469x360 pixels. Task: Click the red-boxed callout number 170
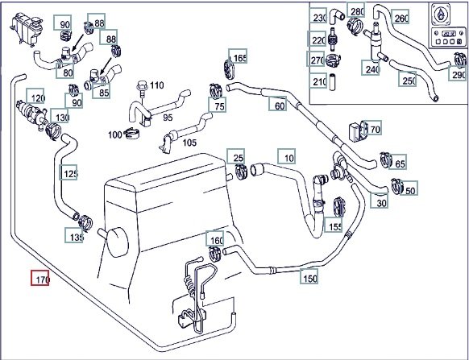[39, 278]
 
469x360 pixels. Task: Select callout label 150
[309, 276]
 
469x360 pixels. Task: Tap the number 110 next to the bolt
[156, 85]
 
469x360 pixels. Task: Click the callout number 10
[287, 156]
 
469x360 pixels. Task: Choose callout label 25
[235, 156]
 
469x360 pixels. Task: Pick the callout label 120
[35, 96]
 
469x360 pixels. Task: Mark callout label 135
[74, 235]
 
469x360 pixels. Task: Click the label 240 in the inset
[371, 68]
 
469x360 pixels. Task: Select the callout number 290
[458, 73]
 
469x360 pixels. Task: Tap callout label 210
[318, 81]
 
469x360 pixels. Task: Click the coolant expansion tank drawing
[27, 29]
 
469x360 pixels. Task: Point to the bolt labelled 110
[141, 89]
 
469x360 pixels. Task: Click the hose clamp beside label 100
[131, 133]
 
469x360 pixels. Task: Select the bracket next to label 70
[358, 131]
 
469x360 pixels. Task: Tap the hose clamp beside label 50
[397, 185]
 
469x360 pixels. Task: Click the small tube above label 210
[332, 81]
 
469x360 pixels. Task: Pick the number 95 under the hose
[168, 118]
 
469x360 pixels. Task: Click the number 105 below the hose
[189, 143]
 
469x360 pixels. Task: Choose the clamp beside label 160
[215, 252]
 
